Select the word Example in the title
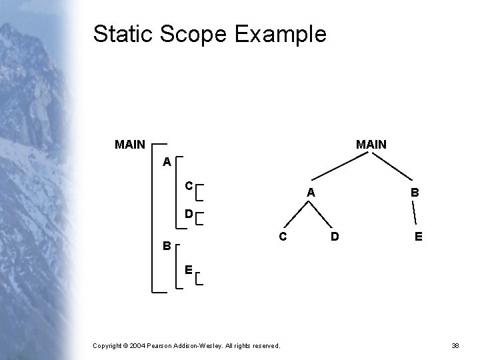(282, 34)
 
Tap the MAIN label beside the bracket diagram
(130, 144)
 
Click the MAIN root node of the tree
(371, 144)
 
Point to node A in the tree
(310, 193)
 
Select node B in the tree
(415, 193)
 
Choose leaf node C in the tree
(283, 236)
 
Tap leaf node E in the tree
(417, 236)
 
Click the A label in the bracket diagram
(166, 162)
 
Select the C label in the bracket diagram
(189, 185)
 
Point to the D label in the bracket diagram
(189, 214)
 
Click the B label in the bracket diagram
(167, 245)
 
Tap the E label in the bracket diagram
(189, 270)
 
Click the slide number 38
(456, 345)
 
